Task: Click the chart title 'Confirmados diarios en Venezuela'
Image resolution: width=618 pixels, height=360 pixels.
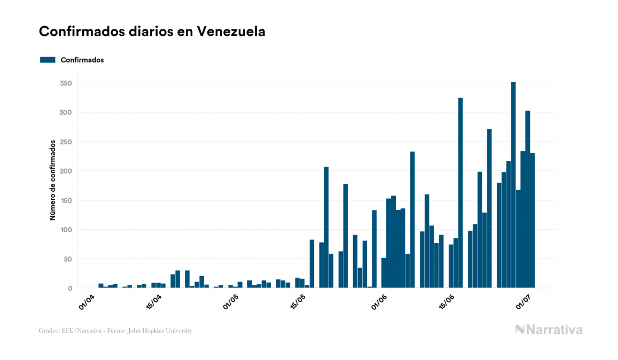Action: pyautogui.click(x=152, y=32)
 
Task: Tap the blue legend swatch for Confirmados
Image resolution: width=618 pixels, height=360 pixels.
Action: pyautogui.click(x=48, y=60)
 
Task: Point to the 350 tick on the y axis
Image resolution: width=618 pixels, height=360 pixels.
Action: pyautogui.click(x=66, y=83)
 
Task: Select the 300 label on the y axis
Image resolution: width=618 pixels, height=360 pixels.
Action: pyautogui.click(x=66, y=113)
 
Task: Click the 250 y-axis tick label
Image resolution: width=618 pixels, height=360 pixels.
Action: pyautogui.click(x=66, y=142)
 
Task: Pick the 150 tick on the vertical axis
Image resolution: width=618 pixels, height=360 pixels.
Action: pyautogui.click(x=66, y=200)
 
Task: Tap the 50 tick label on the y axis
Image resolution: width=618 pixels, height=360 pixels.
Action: pyautogui.click(x=68, y=259)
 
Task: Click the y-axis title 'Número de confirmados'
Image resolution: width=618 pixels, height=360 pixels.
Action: pyautogui.click(x=53, y=180)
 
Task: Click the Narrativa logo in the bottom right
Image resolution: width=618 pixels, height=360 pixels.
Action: pyautogui.click(x=549, y=330)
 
